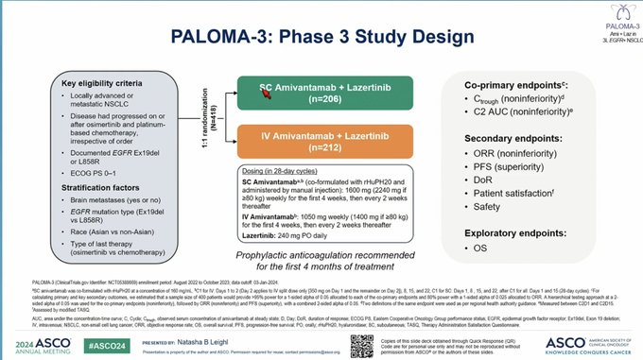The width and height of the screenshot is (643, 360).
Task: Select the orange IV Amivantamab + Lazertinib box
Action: click(325, 144)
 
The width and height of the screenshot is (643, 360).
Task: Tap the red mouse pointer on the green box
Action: click(267, 92)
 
